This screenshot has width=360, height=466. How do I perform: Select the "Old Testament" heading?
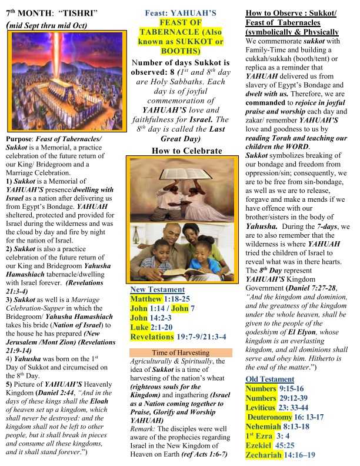tap(271, 378)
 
